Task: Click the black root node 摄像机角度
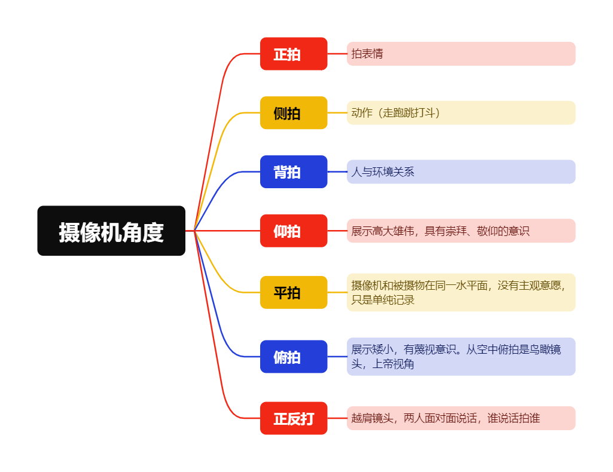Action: (111, 231)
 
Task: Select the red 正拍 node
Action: (293, 54)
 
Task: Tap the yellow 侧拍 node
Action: (293, 113)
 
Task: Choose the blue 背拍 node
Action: (293, 172)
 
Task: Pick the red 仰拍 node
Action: (293, 231)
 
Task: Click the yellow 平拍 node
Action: (293, 293)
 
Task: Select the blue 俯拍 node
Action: (293, 357)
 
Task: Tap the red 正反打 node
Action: (293, 418)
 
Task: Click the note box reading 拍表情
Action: (460, 54)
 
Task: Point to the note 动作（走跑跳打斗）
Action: (460, 113)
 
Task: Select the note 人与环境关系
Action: (460, 172)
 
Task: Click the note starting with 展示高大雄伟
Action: (460, 231)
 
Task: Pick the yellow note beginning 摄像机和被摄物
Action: (460, 293)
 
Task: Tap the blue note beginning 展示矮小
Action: (460, 357)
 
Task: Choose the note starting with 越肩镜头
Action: (460, 418)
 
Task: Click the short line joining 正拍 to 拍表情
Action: (337, 54)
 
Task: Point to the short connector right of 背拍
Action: (337, 172)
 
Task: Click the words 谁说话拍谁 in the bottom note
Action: (514, 418)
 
